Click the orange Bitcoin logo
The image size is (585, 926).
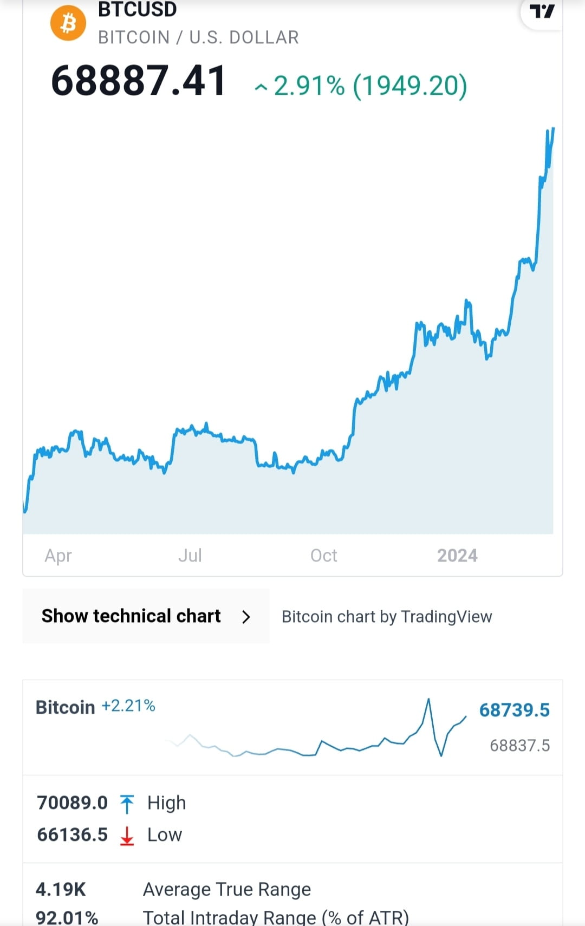point(68,23)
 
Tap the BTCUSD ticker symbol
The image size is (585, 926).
point(137,10)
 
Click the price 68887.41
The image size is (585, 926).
point(139,81)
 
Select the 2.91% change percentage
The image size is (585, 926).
point(309,86)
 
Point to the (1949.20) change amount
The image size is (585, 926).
point(409,86)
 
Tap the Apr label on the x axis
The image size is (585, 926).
point(58,556)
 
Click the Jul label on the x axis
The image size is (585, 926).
point(190,556)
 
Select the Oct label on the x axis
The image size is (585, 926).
point(323,556)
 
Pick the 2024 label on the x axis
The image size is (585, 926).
point(457,556)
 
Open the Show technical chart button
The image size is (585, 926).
point(131,616)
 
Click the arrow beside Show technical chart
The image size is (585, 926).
point(246,617)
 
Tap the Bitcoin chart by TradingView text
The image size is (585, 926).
point(387,617)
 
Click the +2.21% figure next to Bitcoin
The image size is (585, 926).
point(128,706)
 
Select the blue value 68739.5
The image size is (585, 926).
point(514,710)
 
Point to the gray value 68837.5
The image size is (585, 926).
point(519,746)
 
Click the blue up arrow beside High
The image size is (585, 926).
point(127,804)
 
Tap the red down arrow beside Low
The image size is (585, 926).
point(127,836)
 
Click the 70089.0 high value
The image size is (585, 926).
point(72,803)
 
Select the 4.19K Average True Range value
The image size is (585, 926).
point(61,889)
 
